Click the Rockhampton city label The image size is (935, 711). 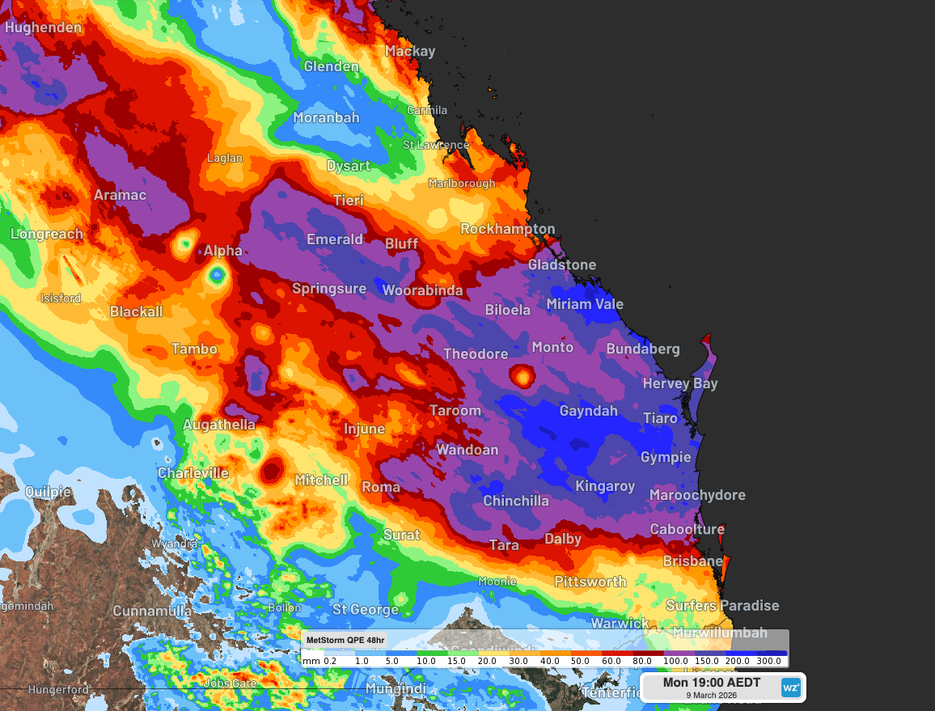click(x=508, y=229)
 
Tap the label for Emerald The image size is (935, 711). click(x=335, y=239)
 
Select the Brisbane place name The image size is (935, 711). click(x=692, y=561)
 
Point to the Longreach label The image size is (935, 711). click(x=47, y=235)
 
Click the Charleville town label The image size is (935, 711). click(x=192, y=473)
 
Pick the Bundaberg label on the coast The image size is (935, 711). click(x=643, y=349)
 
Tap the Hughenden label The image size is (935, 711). click(x=43, y=28)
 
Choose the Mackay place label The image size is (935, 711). click(x=409, y=51)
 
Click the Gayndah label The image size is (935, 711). click(x=588, y=411)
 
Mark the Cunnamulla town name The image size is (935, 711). click(x=152, y=611)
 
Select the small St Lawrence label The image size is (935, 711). click(x=435, y=145)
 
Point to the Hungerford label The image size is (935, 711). click(x=58, y=690)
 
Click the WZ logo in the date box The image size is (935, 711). click(x=790, y=688)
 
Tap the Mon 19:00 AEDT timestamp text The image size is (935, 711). click(x=711, y=683)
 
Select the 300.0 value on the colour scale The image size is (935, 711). click(x=768, y=661)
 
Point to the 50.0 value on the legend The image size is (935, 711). click(x=580, y=661)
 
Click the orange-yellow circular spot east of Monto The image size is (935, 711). click(x=522, y=375)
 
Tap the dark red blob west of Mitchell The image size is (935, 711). click(x=271, y=469)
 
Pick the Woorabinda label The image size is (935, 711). click(x=422, y=290)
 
